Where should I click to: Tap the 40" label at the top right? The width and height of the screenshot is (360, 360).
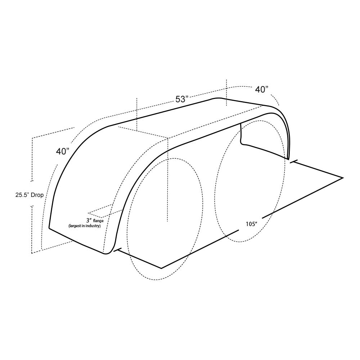[x=262, y=89]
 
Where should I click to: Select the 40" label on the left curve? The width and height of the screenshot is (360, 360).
[x=63, y=152]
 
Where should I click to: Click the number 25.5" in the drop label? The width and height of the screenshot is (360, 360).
[x=23, y=195]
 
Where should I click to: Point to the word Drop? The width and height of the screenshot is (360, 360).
[x=38, y=195]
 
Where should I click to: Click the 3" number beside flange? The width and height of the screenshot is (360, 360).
[x=88, y=220]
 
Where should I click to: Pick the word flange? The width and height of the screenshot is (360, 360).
[x=98, y=220]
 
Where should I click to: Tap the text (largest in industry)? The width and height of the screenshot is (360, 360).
[x=85, y=226]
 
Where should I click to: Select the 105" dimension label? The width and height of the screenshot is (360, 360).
[x=251, y=224]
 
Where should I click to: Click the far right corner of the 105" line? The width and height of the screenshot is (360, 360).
[x=343, y=177]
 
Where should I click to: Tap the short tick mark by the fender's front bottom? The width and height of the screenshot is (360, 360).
[x=116, y=250]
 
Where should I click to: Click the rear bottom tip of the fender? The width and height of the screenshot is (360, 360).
[x=288, y=158]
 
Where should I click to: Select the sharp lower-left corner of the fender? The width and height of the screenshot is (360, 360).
[x=49, y=228]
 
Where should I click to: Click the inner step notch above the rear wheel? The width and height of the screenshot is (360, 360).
[x=242, y=143]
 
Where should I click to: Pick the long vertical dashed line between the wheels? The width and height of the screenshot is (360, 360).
[x=167, y=180]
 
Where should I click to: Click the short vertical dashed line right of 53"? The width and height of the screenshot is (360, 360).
[x=226, y=92]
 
